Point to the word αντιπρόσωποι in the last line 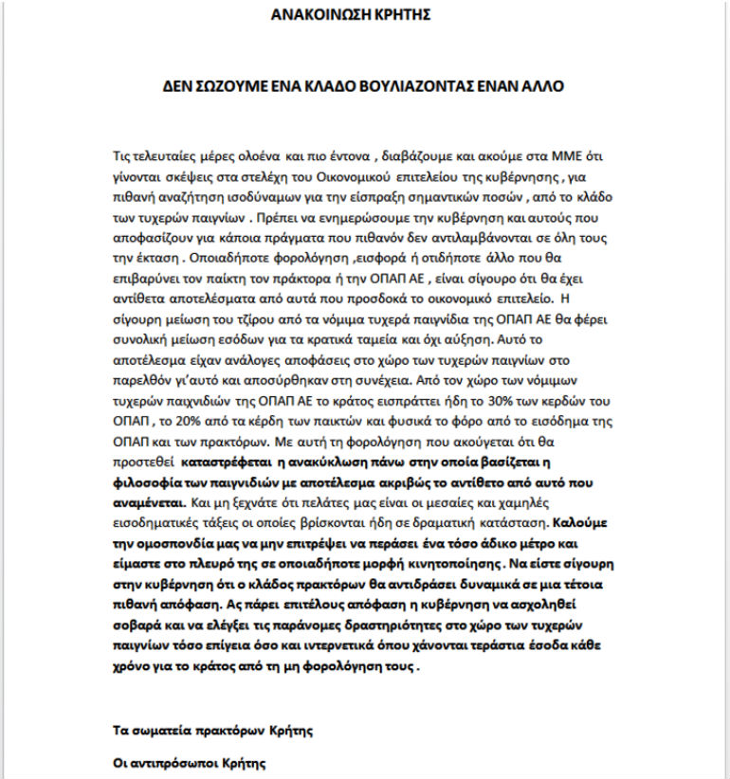177,761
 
